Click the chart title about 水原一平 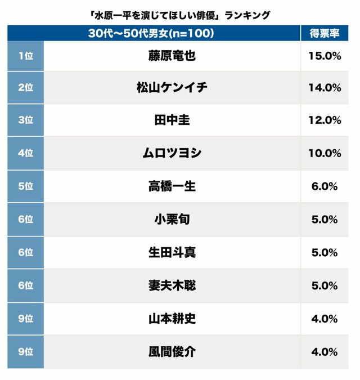(180, 15)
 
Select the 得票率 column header (323, 33)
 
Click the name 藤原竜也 (172, 55)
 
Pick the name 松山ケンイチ (172, 87)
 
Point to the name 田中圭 (172, 120)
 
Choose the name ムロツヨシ (172, 153)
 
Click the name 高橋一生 (172, 186)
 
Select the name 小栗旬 (172, 219)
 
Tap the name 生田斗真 (172, 252)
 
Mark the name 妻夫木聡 (172, 285)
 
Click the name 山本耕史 (172, 319)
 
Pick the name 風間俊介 (172, 352)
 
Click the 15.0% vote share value (325, 55)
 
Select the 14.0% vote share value (325, 87)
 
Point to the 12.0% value (325, 120)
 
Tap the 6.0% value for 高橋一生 (325, 186)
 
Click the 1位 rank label (25, 55)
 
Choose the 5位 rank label (25, 186)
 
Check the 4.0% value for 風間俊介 (325, 352)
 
